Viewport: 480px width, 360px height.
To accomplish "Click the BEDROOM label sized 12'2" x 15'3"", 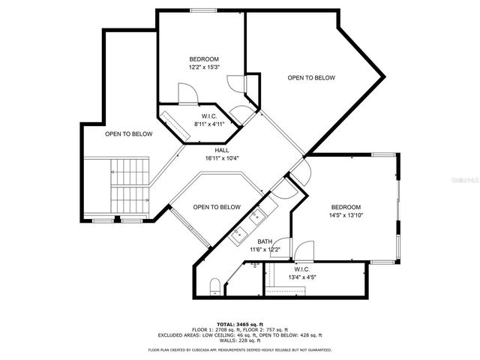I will click(203, 59).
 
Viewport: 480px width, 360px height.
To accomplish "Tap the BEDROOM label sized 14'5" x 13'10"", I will click(346, 207).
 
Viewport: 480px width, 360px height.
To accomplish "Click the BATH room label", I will click(244, 241).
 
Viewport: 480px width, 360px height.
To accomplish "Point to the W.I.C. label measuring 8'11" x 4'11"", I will click(209, 116).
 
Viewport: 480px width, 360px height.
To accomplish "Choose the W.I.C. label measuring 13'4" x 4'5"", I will click(302, 269).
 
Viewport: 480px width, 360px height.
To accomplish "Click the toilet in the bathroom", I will click(214, 285).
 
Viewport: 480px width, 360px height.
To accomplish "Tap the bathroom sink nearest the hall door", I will click(257, 216).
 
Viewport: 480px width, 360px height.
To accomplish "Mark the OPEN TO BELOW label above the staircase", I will click(128, 134).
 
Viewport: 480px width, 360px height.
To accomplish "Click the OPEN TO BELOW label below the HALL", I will click(216, 207).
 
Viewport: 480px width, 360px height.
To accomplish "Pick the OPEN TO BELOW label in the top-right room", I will click(311, 78).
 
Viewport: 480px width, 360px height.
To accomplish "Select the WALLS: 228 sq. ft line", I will click(239, 341).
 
